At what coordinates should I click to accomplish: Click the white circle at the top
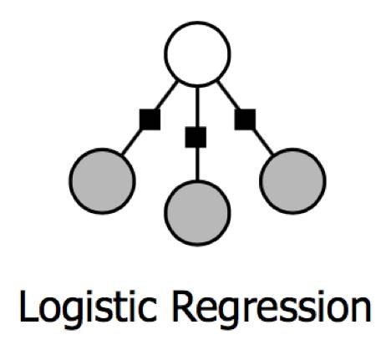(197, 53)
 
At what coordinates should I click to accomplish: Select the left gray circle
(102, 181)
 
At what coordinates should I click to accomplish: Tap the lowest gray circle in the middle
(197, 213)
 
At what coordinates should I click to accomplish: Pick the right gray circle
(292, 181)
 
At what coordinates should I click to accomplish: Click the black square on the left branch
(150, 119)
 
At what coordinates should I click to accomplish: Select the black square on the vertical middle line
(195, 137)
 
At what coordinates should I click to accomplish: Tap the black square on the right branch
(245, 119)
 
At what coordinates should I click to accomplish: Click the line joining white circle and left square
(166, 94)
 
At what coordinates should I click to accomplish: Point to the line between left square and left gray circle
(132, 142)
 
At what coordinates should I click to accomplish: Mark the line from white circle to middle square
(197, 106)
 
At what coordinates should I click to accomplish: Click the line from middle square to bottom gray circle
(197, 164)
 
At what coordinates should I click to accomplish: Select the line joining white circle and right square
(228, 94)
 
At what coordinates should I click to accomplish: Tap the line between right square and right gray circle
(263, 142)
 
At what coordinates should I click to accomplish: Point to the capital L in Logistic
(28, 306)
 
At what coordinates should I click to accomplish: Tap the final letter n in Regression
(362, 310)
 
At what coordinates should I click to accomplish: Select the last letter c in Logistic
(147, 310)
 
